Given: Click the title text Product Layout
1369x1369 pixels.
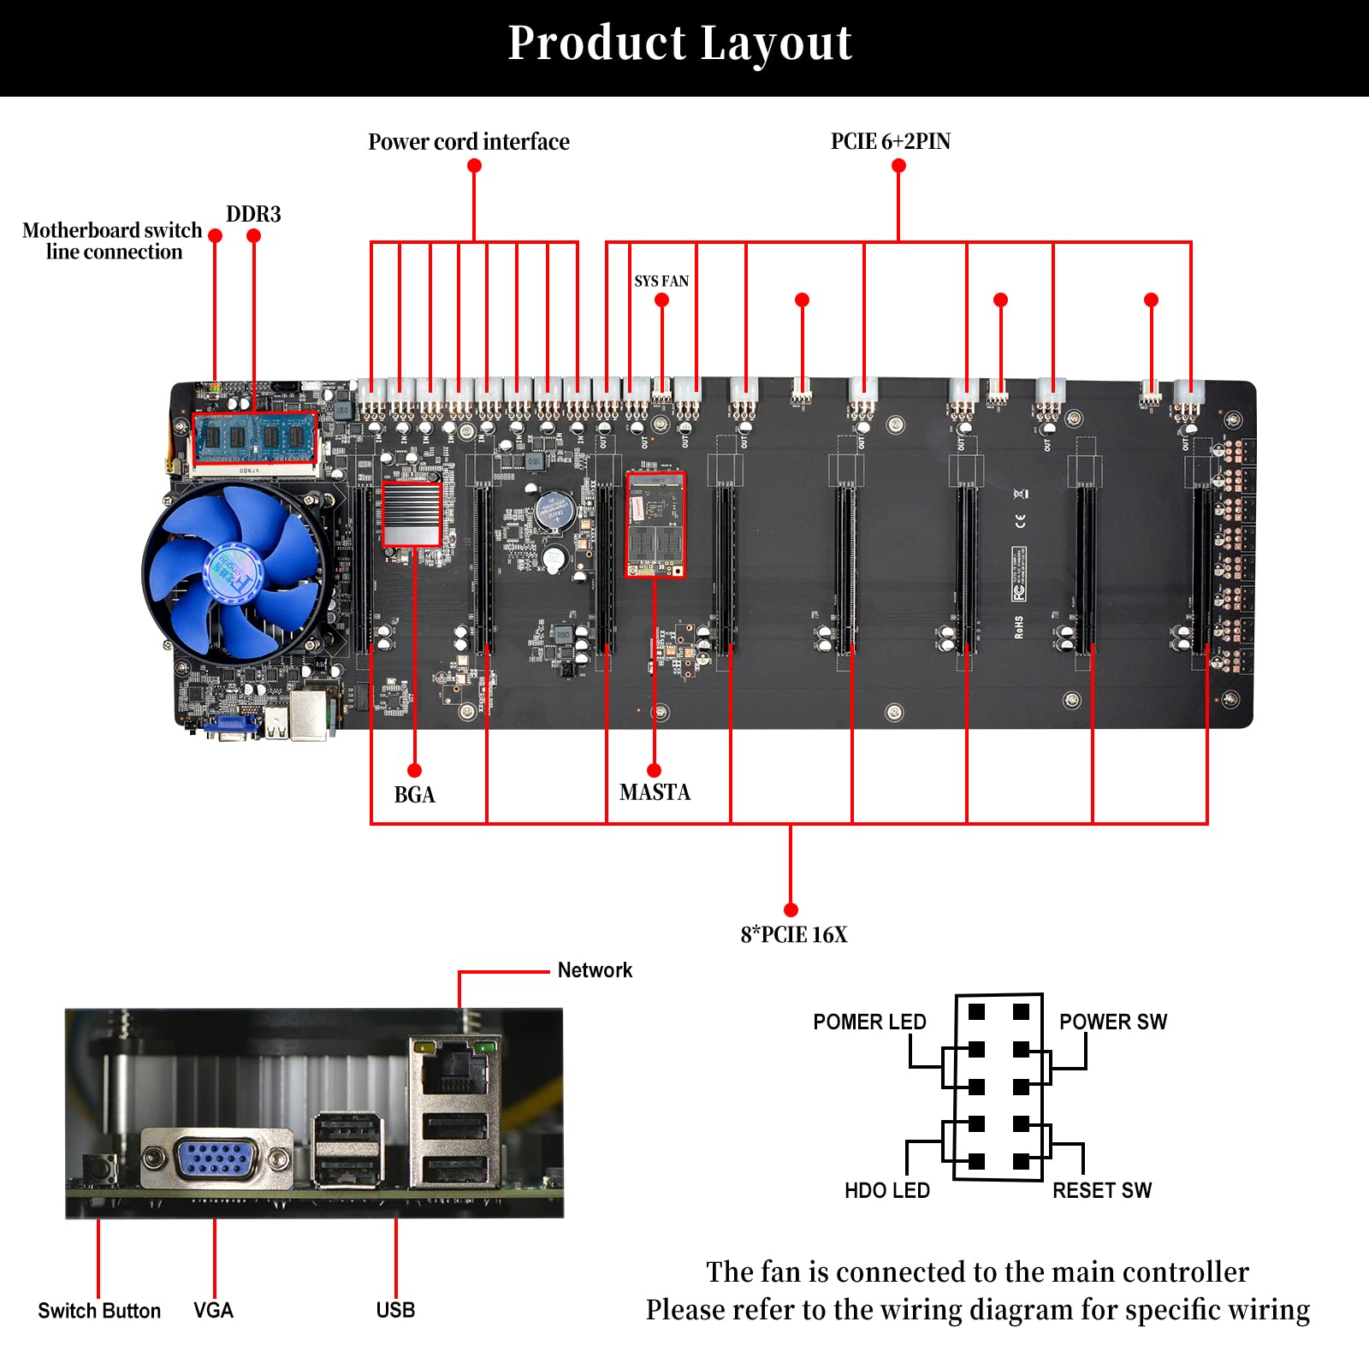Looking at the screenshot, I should click(680, 43).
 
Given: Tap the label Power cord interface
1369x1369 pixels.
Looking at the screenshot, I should click(468, 142).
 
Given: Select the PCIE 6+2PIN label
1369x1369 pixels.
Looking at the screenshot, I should click(890, 142).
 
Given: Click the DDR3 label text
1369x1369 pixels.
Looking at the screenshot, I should click(253, 214).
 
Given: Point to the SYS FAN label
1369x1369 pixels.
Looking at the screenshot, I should click(661, 282).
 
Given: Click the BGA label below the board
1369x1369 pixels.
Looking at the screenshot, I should click(414, 795).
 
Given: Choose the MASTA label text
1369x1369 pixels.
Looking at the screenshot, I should click(655, 792).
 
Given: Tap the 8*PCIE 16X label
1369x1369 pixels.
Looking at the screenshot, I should click(793, 934).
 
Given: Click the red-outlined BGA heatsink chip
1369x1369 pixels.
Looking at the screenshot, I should click(412, 513).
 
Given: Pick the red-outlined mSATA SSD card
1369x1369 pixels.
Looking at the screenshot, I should click(655, 524).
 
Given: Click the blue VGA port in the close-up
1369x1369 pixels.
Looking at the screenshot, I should click(216, 1160).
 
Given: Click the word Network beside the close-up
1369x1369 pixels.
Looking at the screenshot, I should click(595, 970).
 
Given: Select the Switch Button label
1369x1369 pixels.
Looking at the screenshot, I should click(99, 1311).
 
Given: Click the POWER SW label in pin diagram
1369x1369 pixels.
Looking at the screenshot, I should click(1112, 1022).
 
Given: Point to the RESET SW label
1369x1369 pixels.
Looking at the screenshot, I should click(1101, 1190).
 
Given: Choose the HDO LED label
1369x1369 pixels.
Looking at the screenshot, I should click(886, 1190).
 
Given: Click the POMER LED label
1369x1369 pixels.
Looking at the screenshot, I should click(869, 1022).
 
